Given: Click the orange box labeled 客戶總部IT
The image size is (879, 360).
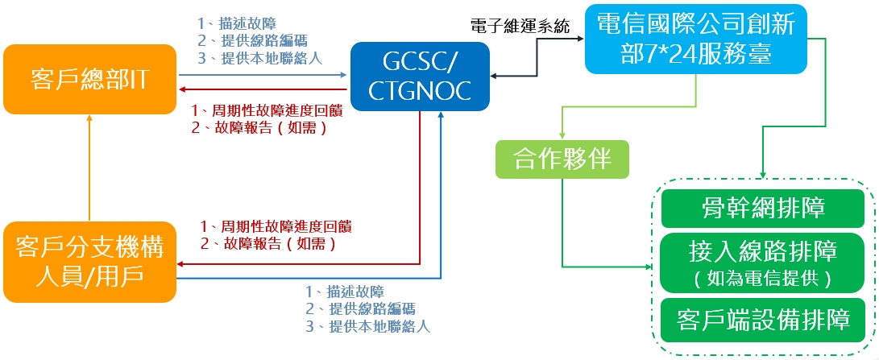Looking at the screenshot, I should pyautogui.click(x=89, y=79).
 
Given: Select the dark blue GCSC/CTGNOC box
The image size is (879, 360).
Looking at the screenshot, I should pyautogui.click(x=420, y=77).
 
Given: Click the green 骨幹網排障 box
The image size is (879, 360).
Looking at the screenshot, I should pyautogui.click(x=763, y=209).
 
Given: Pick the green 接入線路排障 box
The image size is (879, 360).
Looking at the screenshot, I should pyautogui.click(x=763, y=262).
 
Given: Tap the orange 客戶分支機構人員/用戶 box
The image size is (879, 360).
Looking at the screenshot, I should pyautogui.click(x=89, y=262).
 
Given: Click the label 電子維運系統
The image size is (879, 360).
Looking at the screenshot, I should pyautogui.click(x=520, y=27).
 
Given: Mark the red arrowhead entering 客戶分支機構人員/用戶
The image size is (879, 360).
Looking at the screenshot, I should pyautogui.click(x=183, y=263).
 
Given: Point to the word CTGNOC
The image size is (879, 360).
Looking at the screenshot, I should pyautogui.click(x=419, y=90).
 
